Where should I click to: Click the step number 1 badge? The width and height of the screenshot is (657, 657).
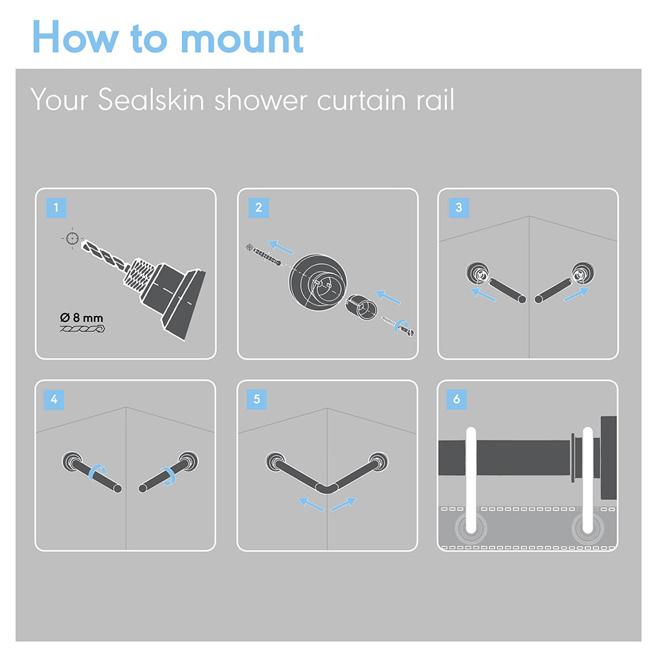pyautogui.click(x=56, y=208)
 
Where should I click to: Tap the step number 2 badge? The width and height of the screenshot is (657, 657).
pyautogui.click(x=258, y=208)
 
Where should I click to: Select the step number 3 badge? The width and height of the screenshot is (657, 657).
pyautogui.click(x=459, y=208)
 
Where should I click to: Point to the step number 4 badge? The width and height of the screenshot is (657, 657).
pyautogui.click(x=54, y=399)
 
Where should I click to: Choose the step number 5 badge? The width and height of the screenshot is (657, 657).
pyautogui.click(x=257, y=399)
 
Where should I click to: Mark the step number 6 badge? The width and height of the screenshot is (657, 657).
pyautogui.click(x=457, y=399)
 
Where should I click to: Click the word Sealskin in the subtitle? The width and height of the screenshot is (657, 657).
pyautogui.click(x=151, y=100)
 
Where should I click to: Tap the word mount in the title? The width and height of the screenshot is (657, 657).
pyautogui.click(x=242, y=39)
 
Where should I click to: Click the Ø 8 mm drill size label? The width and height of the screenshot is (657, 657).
pyautogui.click(x=81, y=317)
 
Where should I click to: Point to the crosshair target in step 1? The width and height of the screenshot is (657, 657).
pyautogui.click(x=72, y=238)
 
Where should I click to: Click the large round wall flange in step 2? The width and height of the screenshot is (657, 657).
pyautogui.click(x=317, y=283)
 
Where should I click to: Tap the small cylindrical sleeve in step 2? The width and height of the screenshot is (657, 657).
pyautogui.click(x=361, y=307)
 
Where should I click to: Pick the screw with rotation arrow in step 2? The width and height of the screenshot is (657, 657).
pyautogui.click(x=399, y=327)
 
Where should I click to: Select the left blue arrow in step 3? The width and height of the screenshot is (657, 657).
pyautogui.click(x=483, y=294)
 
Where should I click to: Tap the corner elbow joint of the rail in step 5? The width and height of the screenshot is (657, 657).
pyautogui.click(x=327, y=489)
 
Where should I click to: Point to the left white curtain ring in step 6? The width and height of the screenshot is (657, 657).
pyautogui.click(x=471, y=480)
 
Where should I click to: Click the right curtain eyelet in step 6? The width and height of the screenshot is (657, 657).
pyautogui.click(x=587, y=528)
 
